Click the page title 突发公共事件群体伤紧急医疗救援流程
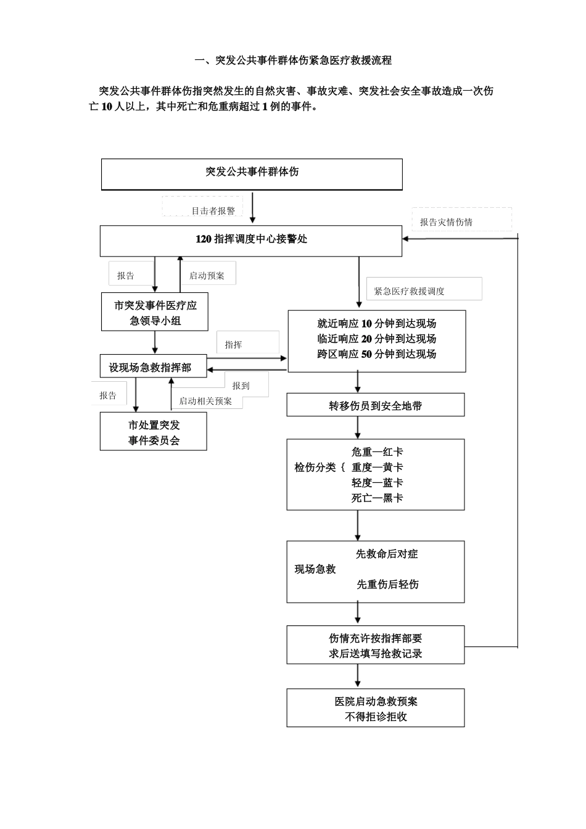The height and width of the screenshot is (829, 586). click(x=292, y=60)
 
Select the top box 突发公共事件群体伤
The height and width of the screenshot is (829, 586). click(x=252, y=173)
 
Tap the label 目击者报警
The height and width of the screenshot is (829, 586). click(x=213, y=211)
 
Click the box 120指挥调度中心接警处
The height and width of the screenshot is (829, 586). click(x=251, y=240)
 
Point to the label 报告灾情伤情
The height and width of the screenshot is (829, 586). click(x=446, y=222)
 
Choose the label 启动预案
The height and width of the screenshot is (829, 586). click(x=207, y=276)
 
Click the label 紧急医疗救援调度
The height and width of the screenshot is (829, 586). click(x=409, y=291)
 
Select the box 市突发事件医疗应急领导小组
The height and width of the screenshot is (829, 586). click(x=155, y=313)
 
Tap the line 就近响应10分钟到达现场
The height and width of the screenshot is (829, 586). click(x=376, y=324)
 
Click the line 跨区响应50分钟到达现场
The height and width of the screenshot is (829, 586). click(x=376, y=355)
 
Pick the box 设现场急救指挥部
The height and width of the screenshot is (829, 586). click(x=150, y=368)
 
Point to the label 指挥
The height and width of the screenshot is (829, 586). click(x=233, y=345)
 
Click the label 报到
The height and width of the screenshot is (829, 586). click(x=241, y=386)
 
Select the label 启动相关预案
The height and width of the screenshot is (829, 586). click(x=205, y=401)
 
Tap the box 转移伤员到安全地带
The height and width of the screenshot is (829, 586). click(x=375, y=406)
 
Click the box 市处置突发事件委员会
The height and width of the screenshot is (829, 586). click(x=154, y=432)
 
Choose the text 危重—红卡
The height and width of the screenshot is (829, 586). click(x=377, y=452)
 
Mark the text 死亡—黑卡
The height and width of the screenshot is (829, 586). click(x=377, y=498)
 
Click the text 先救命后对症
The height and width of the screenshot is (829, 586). click(x=387, y=554)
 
